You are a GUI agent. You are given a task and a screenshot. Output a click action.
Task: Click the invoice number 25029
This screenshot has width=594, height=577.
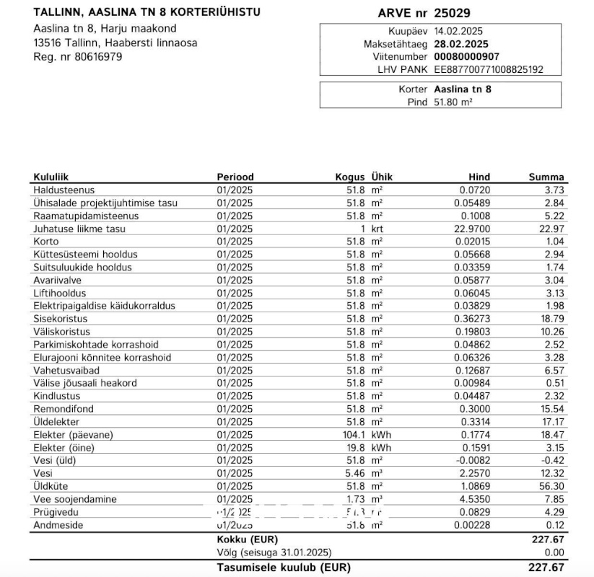point(458,13)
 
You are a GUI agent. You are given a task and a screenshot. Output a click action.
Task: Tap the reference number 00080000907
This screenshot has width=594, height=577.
point(466,56)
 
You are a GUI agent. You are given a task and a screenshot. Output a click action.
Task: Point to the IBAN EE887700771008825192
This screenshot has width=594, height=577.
point(489,69)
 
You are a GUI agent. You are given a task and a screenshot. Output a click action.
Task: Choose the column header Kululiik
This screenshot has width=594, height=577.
point(51,177)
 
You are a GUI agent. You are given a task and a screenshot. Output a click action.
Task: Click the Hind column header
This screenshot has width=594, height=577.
point(479,177)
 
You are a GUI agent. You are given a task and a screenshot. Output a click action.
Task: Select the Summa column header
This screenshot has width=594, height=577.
point(546,177)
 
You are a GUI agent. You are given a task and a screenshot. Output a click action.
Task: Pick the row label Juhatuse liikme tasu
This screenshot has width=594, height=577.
point(79,229)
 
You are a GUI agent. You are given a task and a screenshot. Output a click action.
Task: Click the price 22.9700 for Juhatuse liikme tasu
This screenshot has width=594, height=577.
point(472,229)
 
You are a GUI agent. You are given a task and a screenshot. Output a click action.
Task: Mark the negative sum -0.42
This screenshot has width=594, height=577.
point(552,460)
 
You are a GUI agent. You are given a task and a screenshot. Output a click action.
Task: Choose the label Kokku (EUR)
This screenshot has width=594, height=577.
point(247,539)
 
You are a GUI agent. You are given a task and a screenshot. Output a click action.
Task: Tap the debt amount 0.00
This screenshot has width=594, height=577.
point(554,552)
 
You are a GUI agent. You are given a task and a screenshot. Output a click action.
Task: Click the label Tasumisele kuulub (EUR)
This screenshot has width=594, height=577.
point(284,568)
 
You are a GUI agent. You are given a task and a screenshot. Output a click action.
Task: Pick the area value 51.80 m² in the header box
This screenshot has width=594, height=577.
point(453,102)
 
